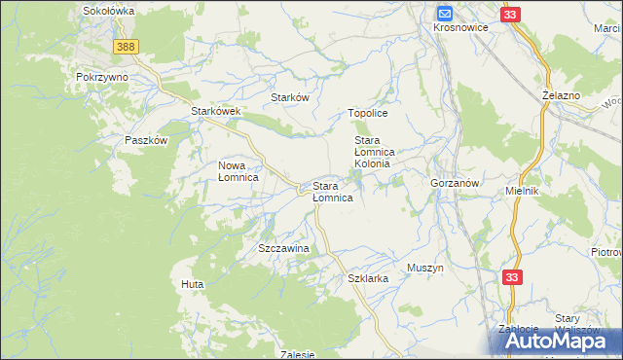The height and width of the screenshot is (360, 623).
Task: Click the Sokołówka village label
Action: [108, 10]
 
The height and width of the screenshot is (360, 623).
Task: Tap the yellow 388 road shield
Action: [125, 47]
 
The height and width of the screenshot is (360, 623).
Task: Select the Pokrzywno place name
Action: [102, 75]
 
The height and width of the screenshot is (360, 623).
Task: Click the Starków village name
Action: [289, 98]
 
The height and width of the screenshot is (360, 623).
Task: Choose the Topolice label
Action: [369, 113]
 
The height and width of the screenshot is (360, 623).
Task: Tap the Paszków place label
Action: [147, 140]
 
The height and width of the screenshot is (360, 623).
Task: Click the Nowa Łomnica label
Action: [238, 171]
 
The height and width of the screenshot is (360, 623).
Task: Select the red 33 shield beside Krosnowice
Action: [512, 15]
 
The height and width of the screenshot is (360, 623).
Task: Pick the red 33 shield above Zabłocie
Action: [514, 278]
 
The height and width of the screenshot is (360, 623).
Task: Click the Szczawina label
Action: [283, 248]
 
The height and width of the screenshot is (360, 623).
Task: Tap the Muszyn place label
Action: [425, 267]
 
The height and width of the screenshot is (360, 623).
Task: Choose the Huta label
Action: [191, 284]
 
